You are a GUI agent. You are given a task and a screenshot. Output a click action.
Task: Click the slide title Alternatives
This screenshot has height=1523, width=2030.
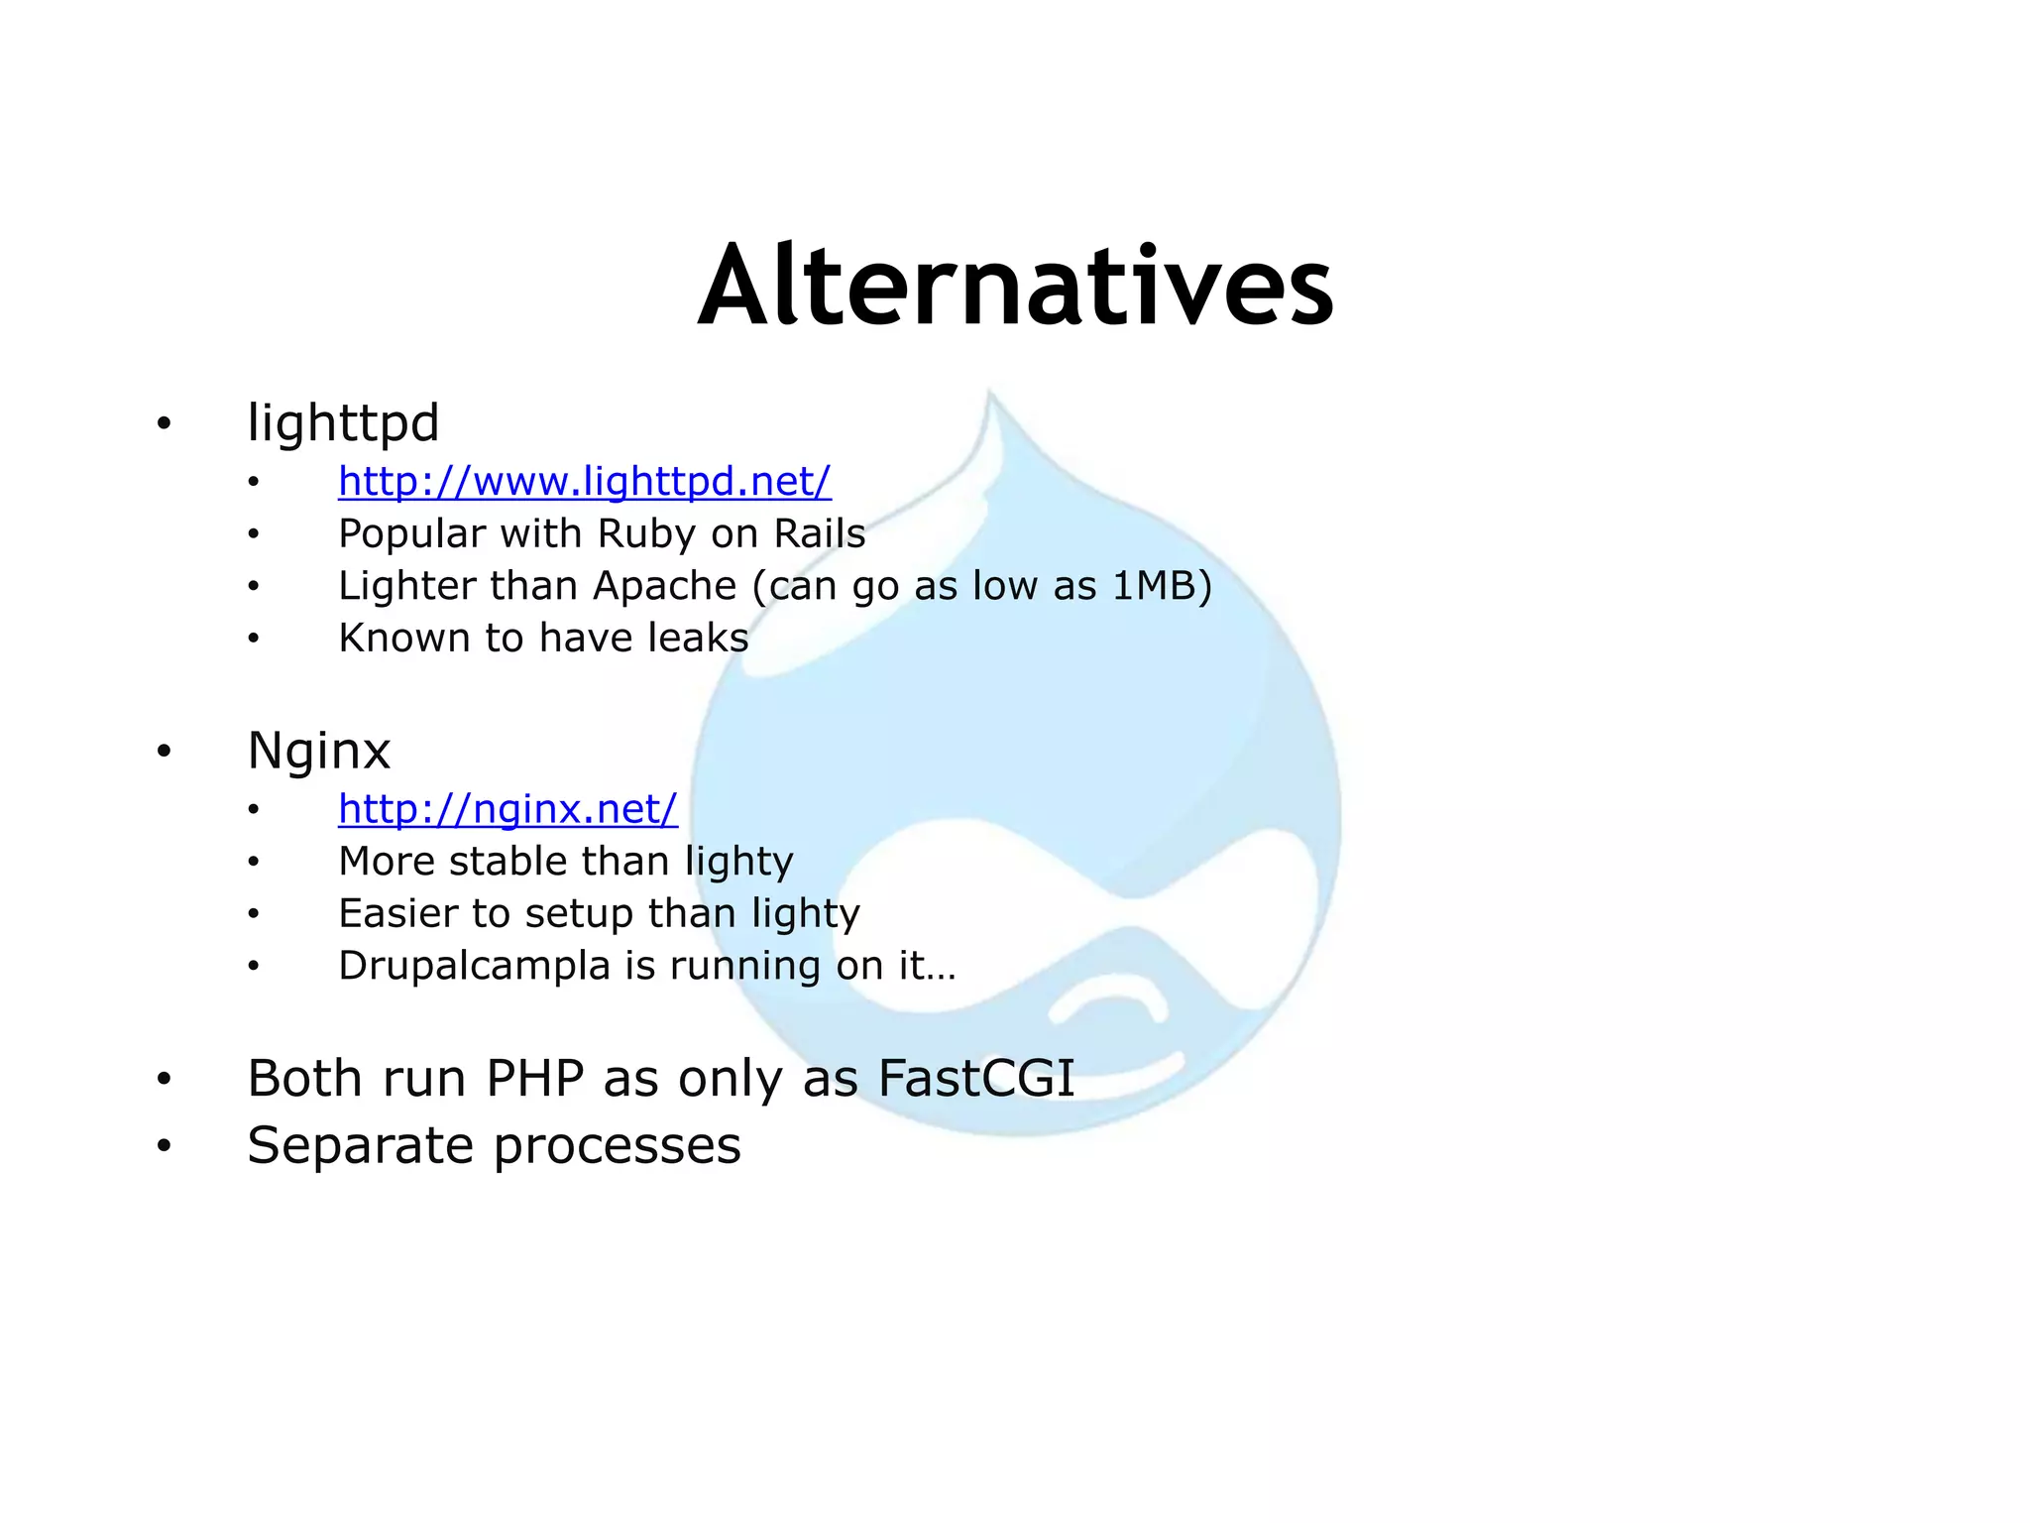(1016, 288)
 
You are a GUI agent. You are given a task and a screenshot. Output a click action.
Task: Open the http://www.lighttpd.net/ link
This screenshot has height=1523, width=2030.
(584, 482)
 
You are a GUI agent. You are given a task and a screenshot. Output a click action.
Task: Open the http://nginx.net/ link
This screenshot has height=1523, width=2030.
(507, 809)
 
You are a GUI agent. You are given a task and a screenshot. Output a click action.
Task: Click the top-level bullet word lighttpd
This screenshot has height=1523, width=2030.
(343, 423)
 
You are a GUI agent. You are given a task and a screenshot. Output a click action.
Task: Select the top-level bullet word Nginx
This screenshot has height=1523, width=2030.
(318, 751)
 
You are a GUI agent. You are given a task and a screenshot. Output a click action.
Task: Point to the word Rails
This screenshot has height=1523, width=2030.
(820, 534)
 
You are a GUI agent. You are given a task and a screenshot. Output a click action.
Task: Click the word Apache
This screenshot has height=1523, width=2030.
(664, 586)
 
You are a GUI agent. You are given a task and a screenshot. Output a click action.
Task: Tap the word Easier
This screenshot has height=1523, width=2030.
(397, 913)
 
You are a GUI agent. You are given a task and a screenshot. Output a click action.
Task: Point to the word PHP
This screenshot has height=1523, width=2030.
(534, 1078)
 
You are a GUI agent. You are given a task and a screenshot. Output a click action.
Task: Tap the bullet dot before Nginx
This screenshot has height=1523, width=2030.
(165, 752)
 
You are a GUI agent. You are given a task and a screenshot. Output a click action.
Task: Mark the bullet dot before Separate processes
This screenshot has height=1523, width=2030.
(165, 1146)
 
